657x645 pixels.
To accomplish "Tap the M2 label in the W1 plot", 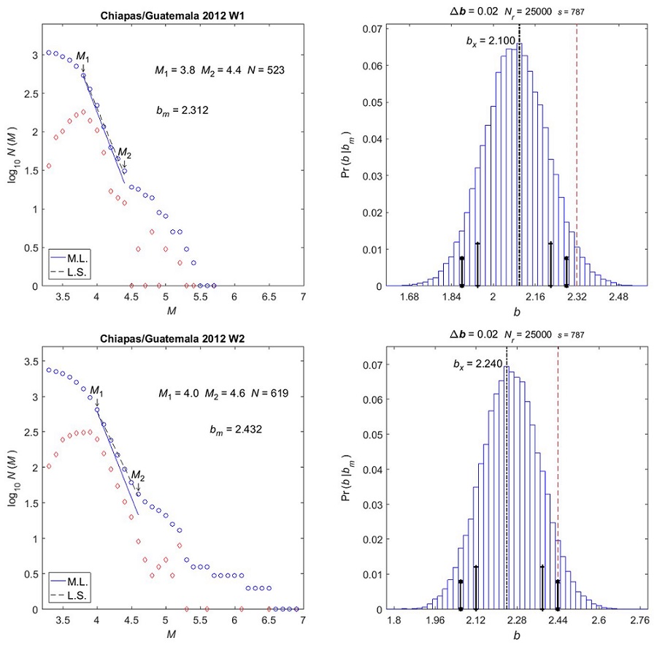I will pos(125,153).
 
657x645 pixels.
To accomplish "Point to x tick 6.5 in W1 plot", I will pos(267,297).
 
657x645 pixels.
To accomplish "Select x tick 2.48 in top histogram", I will pos(619,297).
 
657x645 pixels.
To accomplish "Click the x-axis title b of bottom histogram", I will pos(518,637).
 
